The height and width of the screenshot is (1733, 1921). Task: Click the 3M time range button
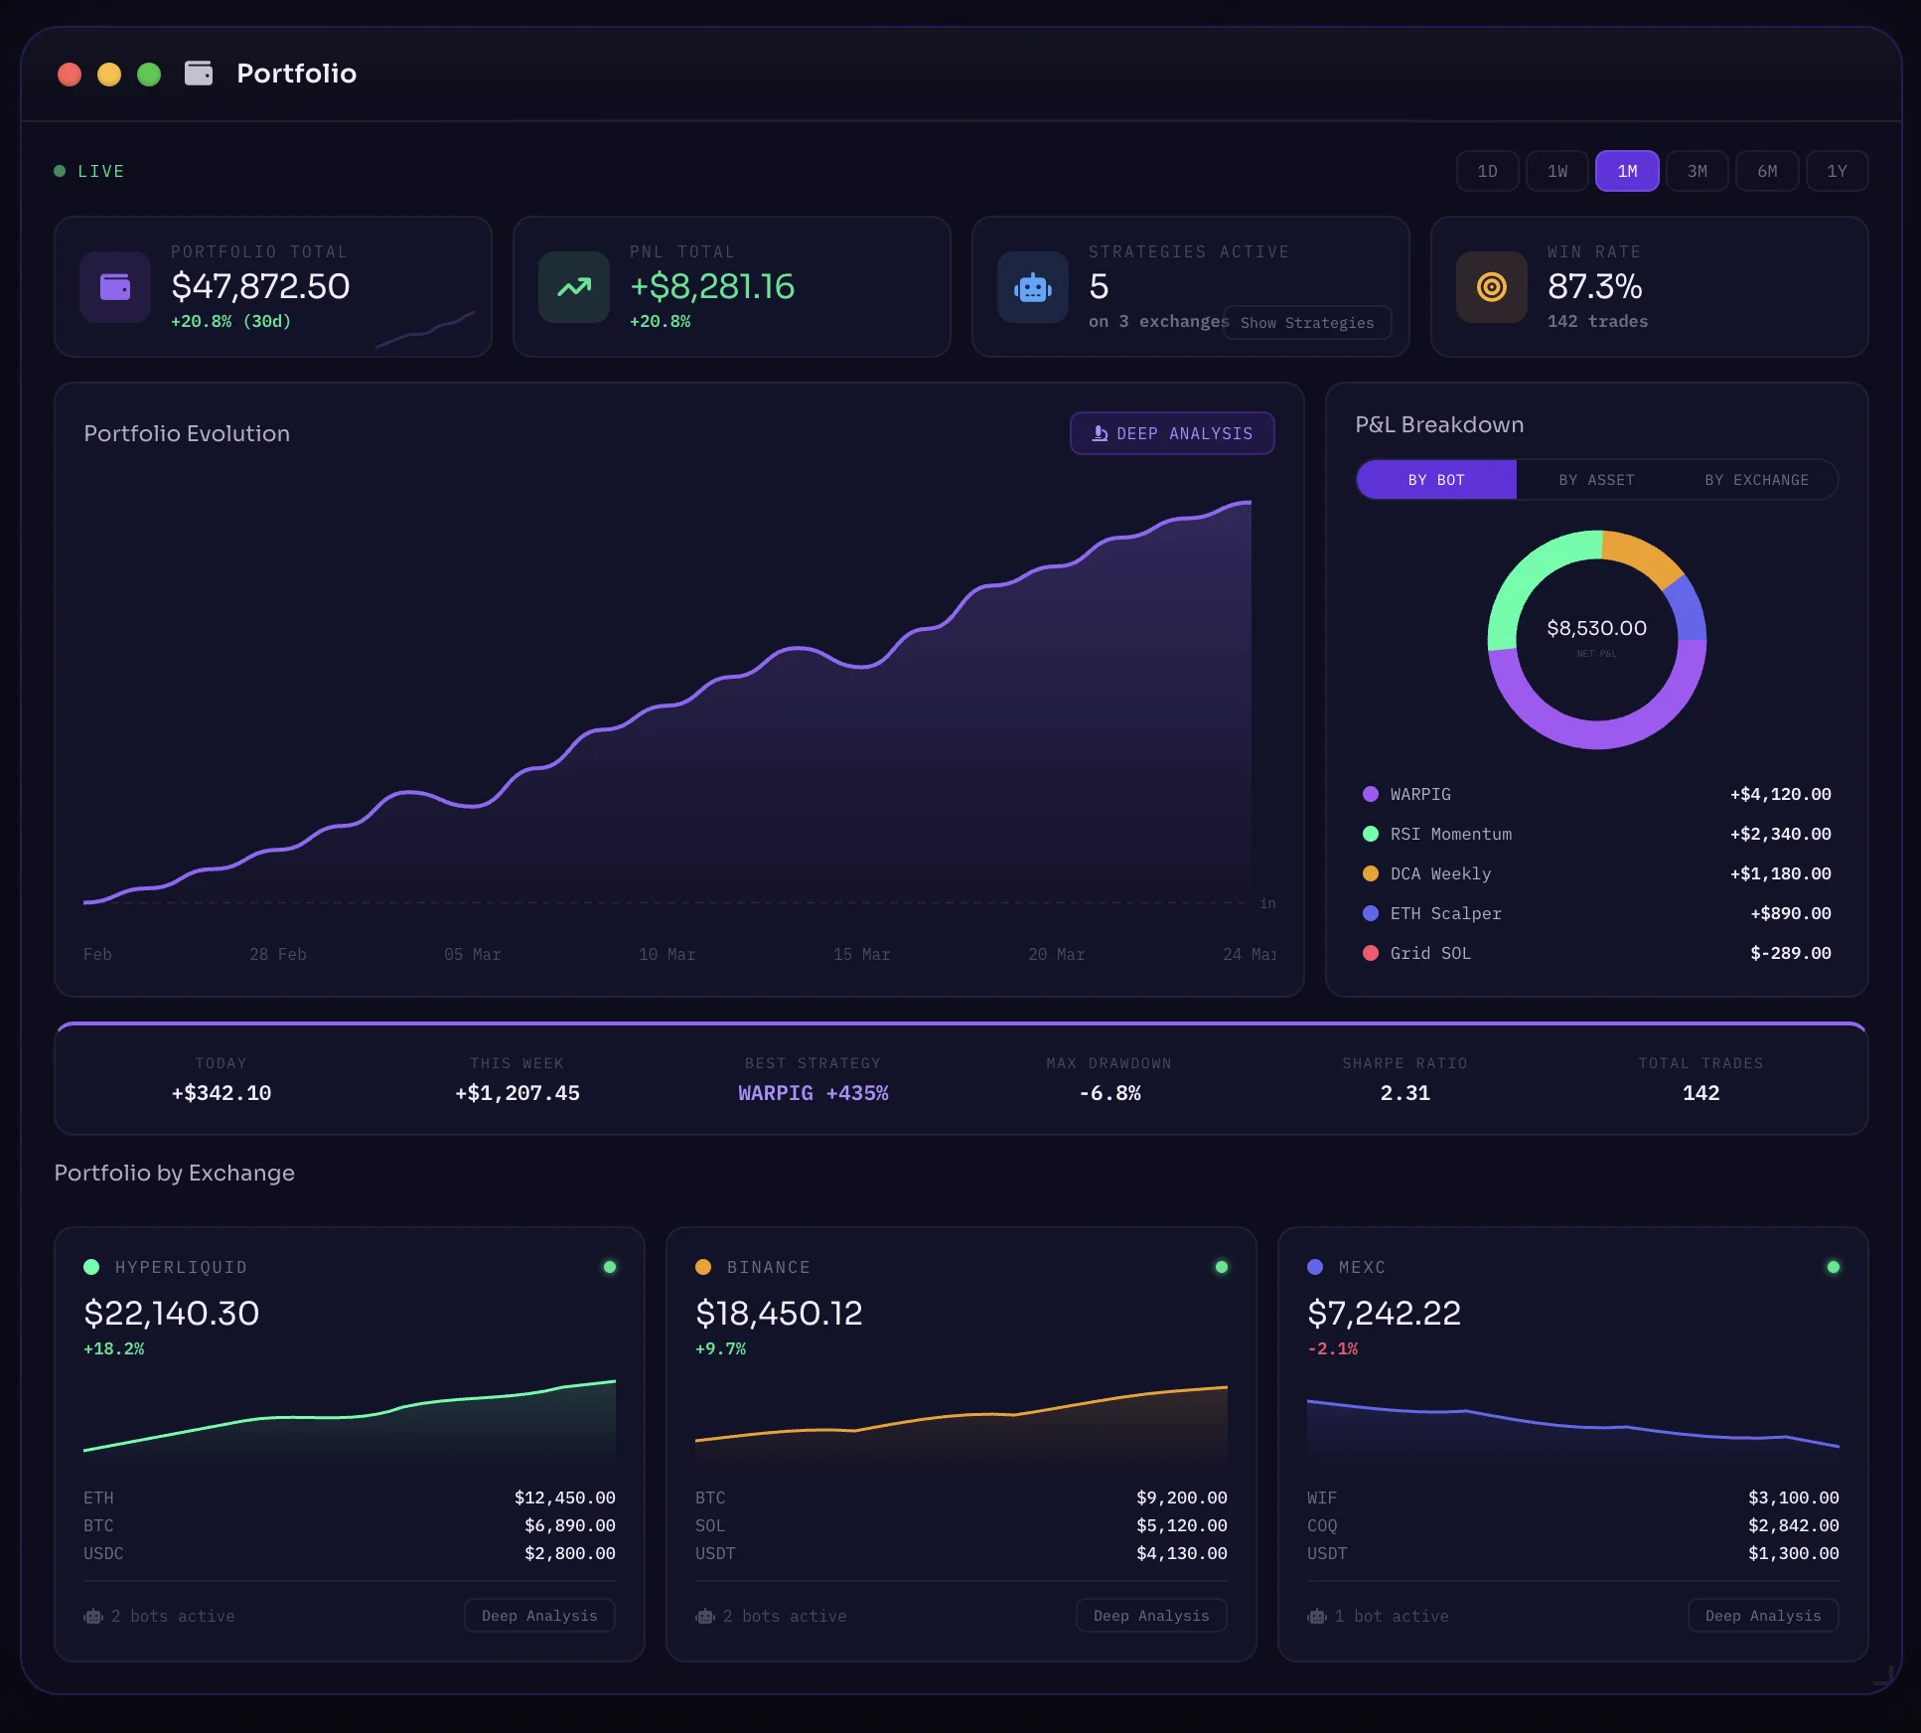pos(1697,171)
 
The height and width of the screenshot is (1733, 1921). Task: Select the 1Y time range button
pos(1837,171)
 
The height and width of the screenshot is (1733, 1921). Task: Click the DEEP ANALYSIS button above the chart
pos(1172,433)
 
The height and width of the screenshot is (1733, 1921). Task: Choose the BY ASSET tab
pos(1596,480)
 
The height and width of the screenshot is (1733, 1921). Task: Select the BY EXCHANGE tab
pos(1756,480)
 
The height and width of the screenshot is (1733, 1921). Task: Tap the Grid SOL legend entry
pos(1429,953)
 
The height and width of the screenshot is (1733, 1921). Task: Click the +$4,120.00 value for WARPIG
pos(1780,794)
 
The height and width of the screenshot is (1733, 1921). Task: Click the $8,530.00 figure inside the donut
pos(1596,628)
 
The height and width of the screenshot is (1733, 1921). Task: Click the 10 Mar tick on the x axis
pos(666,954)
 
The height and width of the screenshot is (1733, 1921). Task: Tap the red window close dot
pos(70,75)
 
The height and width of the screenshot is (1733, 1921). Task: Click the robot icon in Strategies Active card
pos(1033,287)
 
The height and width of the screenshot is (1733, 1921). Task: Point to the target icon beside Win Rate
pos(1491,287)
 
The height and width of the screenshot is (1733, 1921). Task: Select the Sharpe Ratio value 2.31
pos(1404,1093)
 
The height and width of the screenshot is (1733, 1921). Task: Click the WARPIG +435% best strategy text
pos(813,1093)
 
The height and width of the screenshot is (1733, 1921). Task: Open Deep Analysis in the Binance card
pos(1151,1616)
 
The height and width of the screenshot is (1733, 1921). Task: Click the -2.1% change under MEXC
pos(1332,1348)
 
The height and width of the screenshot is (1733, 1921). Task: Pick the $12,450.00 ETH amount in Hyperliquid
pos(564,1497)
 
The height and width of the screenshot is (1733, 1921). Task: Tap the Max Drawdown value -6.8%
pos(1109,1093)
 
